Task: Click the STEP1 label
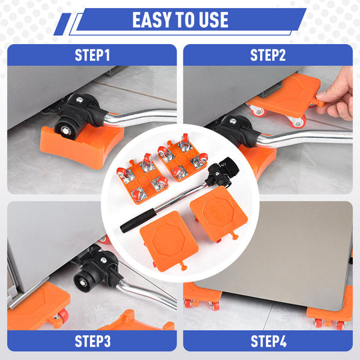point(92,55)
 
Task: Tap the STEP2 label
point(268,55)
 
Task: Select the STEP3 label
point(93,341)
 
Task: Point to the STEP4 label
point(269,341)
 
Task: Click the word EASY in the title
point(152,20)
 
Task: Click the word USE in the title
point(213,20)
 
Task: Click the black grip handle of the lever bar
point(138,221)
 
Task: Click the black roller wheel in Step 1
point(65,130)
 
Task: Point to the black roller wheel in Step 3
point(84,282)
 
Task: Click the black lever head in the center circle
point(222,172)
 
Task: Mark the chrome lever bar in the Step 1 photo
point(140,117)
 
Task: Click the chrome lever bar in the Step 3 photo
point(147,294)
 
